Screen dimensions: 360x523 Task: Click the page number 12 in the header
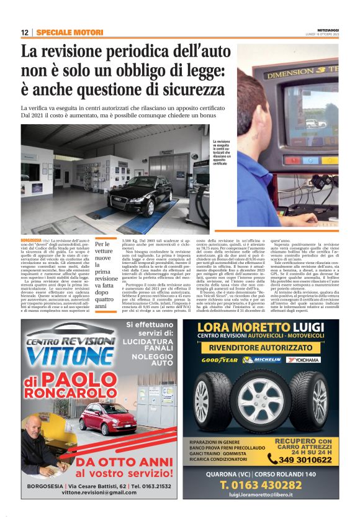pos(25,32)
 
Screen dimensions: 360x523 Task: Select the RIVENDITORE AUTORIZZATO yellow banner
pos(260,347)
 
